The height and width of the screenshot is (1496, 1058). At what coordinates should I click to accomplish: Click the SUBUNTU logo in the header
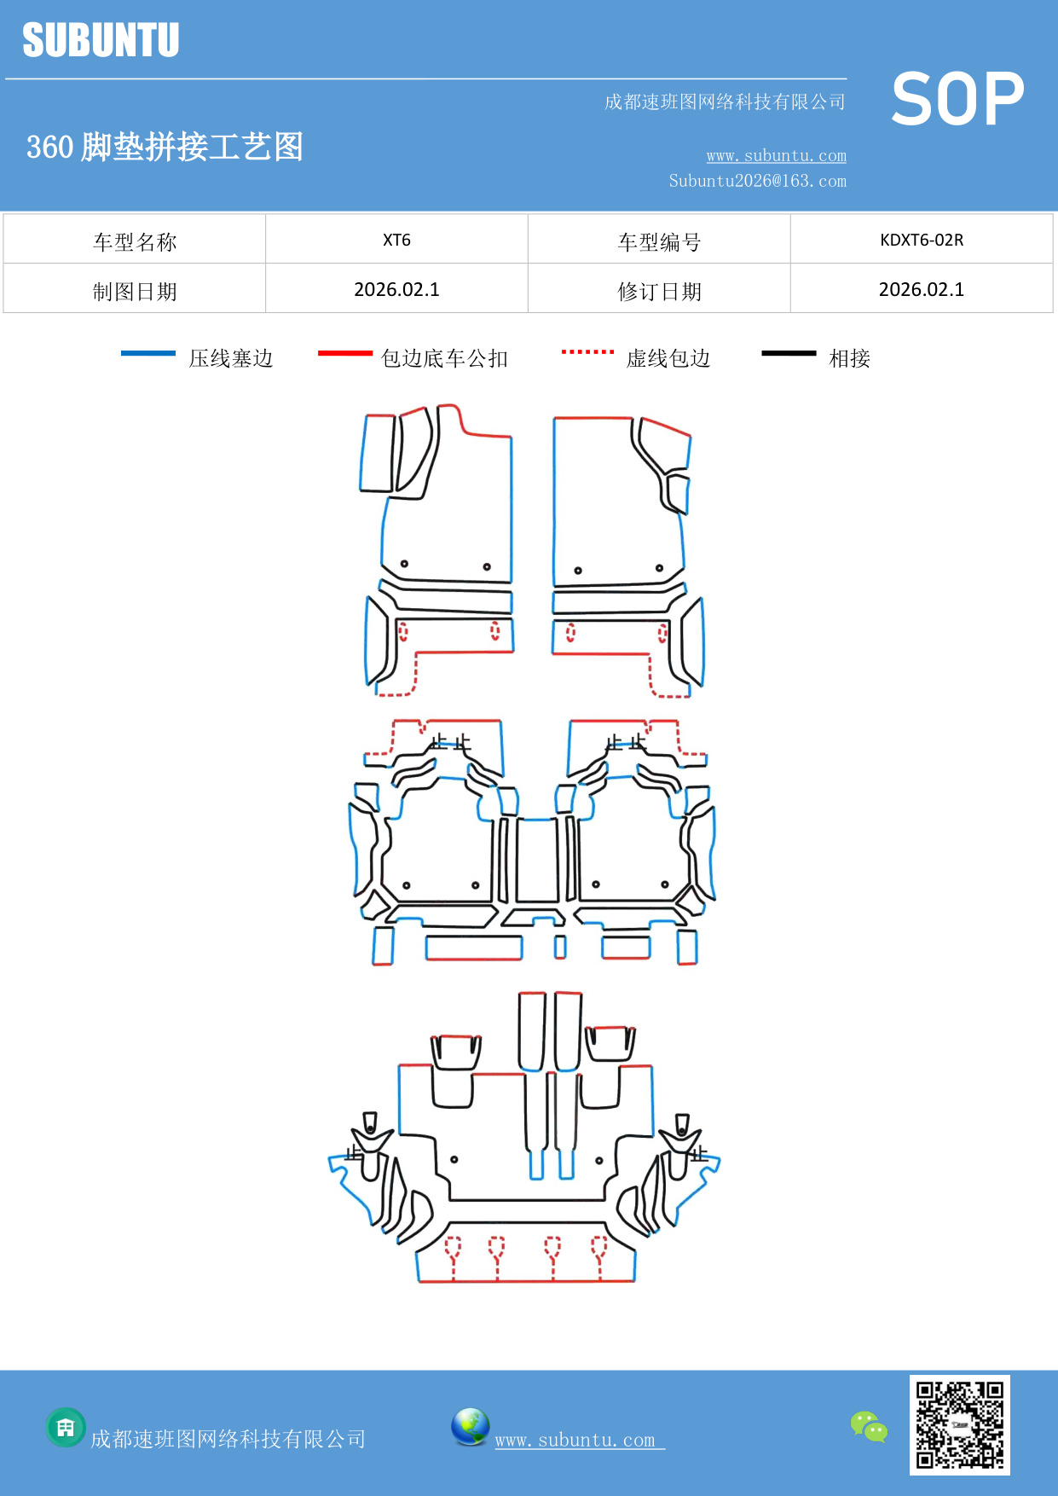point(101,40)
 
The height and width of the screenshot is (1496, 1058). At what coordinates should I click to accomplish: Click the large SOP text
point(957,99)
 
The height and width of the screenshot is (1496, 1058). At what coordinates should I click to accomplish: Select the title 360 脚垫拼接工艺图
point(165,147)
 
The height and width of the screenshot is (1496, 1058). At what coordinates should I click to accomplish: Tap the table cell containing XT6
point(396,240)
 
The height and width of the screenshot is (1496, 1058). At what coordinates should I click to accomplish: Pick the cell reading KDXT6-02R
point(922,240)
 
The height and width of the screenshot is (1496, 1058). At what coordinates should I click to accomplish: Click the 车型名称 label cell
point(135,241)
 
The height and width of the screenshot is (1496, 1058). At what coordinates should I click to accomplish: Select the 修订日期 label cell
point(659,291)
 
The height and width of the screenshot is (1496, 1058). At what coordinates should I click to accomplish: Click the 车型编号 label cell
point(659,241)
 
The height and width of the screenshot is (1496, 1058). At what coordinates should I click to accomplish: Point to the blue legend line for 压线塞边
point(148,353)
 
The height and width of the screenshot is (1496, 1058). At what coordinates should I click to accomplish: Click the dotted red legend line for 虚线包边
point(587,351)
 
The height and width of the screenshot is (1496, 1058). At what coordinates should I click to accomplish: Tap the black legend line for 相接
point(789,353)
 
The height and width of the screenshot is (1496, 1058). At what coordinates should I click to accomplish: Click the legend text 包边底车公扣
point(444,358)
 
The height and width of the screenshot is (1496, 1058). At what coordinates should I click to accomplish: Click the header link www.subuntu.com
point(776,155)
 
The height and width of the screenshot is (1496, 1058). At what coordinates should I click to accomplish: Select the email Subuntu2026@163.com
point(757,181)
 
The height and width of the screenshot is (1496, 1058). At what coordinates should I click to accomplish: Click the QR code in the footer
point(959,1424)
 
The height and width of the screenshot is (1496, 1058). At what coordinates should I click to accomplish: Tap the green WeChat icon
point(869,1426)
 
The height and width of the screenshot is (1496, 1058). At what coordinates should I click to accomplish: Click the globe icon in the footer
point(470,1427)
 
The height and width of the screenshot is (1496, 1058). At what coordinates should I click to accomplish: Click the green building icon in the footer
point(66,1427)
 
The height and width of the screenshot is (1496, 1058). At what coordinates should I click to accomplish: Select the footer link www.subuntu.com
point(575,1440)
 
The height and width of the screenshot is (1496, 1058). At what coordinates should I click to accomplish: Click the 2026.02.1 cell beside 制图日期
point(396,290)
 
